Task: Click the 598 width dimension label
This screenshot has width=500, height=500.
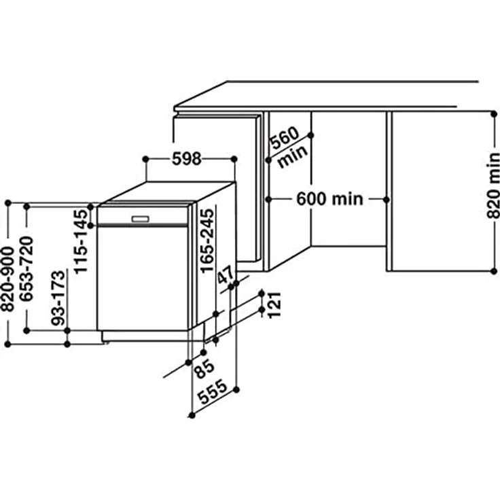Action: (x=187, y=159)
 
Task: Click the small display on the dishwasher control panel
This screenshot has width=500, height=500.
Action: (x=141, y=218)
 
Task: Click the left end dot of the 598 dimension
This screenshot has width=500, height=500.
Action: (x=145, y=159)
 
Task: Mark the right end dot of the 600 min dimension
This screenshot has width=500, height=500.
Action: (x=387, y=199)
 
